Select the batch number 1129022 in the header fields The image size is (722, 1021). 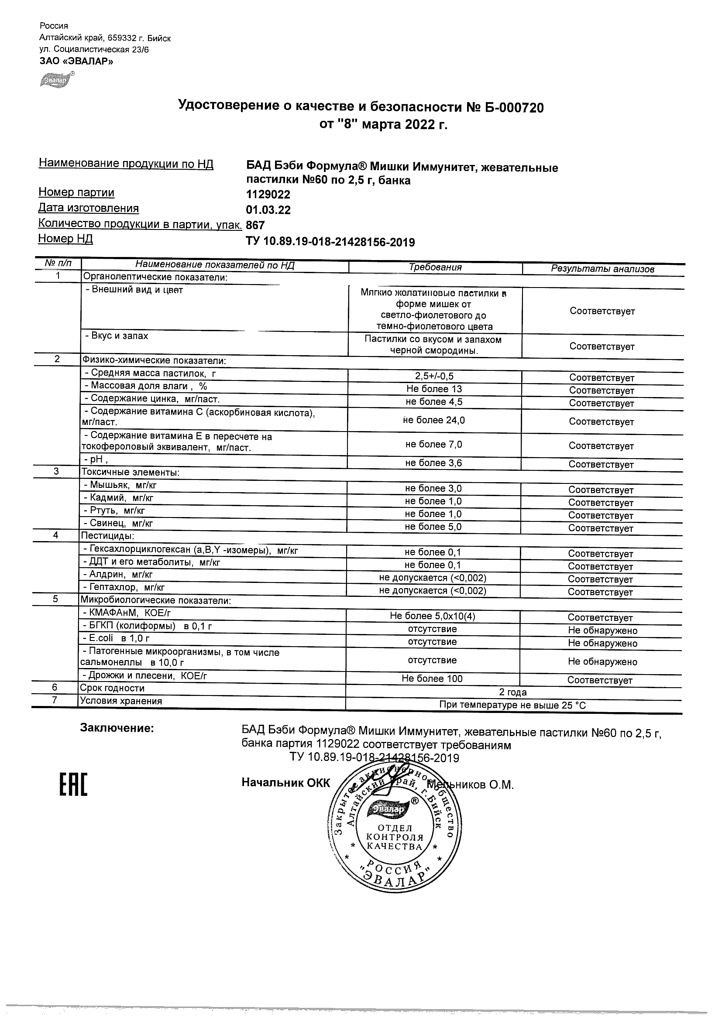pyautogui.click(x=268, y=194)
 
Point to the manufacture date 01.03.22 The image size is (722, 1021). pyautogui.click(x=268, y=210)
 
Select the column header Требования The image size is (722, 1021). pyautogui.click(x=435, y=267)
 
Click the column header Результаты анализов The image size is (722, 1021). pyautogui.click(x=602, y=269)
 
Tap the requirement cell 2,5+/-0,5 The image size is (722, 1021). pyautogui.click(x=434, y=376)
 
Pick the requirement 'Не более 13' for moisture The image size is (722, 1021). pyautogui.click(x=434, y=389)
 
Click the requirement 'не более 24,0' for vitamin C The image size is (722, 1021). pyautogui.click(x=434, y=420)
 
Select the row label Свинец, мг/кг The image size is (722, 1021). pyautogui.click(x=118, y=524)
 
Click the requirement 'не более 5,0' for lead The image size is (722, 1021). pyautogui.click(x=433, y=527)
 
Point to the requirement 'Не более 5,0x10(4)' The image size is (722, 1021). pyautogui.click(x=433, y=617)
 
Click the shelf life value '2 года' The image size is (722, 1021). pyautogui.click(x=513, y=692)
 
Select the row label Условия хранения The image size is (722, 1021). pyautogui.click(x=121, y=701)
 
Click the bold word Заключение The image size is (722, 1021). pyautogui.click(x=117, y=728)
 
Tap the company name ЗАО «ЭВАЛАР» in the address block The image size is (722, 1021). pyautogui.click(x=76, y=61)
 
